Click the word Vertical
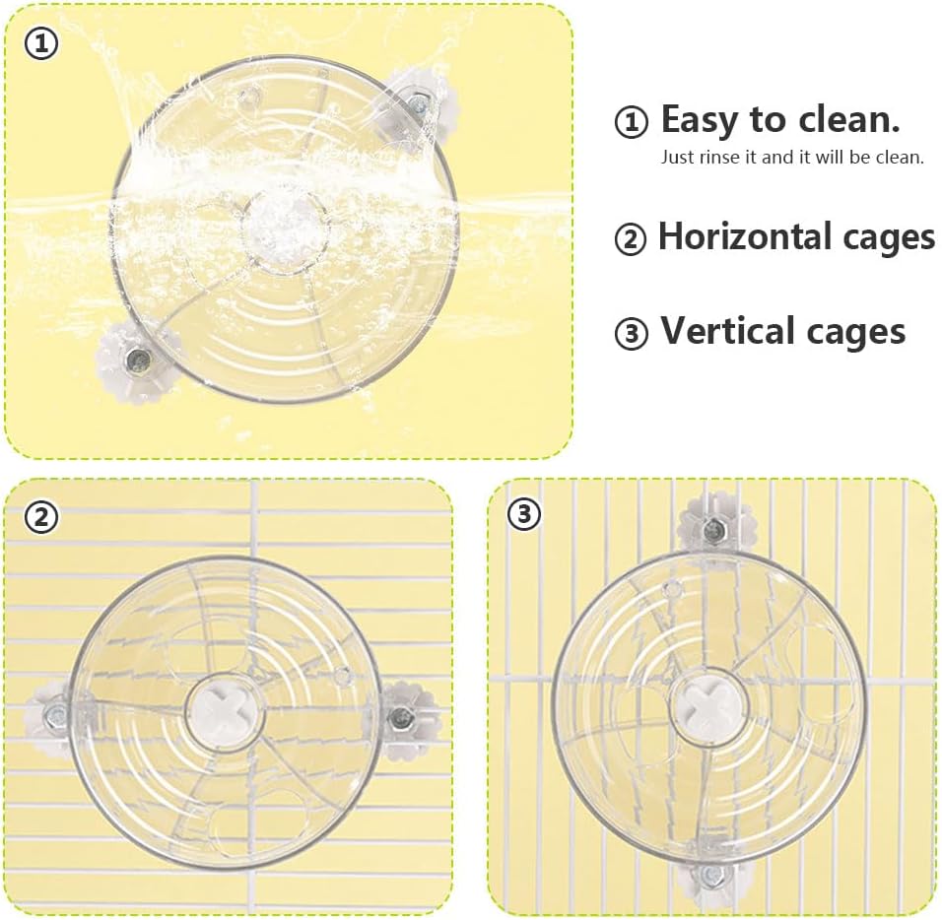pyautogui.click(x=729, y=331)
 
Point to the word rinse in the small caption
pyautogui.click(x=724, y=158)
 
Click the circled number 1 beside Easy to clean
pyautogui.click(x=632, y=122)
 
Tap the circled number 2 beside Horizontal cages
pyautogui.click(x=631, y=239)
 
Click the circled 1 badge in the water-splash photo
pyautogui.click(x=41, y=44)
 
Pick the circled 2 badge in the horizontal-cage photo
pyautogui.click(x=41, y=517)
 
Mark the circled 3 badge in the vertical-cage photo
pyautogui.click(x=524, y=513)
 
